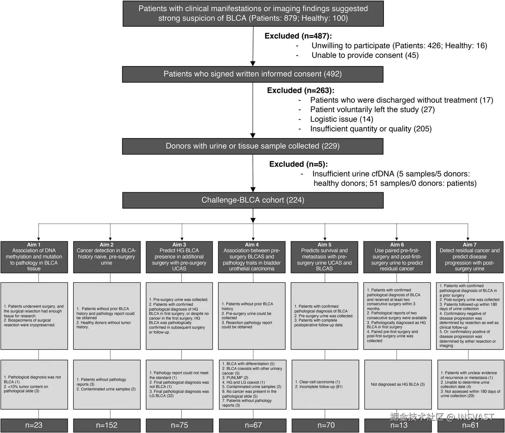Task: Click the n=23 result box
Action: [34, 425]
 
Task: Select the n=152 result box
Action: [107, 425]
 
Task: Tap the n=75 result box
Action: [179, 425]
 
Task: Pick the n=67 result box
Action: [253, 425]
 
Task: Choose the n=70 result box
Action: [325, 425]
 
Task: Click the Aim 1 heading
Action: [34, 244]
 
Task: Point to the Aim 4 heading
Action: [252, 244]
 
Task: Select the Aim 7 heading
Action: [470, 244]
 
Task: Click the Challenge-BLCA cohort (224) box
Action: [253, 200]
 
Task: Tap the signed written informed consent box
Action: [253, 74]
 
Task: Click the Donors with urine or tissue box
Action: [253, 146]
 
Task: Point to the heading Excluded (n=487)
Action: [298, 36]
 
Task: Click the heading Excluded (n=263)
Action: [301, 90]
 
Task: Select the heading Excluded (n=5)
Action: [299, 164]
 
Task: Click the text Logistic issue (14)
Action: [342, 119]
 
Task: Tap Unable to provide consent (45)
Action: [365, 55]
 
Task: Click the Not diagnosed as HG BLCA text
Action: [398, 385]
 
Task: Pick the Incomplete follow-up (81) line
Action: [319, 387]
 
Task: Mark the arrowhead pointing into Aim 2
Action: [110, 239]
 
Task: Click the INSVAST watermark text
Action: [475, 417]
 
